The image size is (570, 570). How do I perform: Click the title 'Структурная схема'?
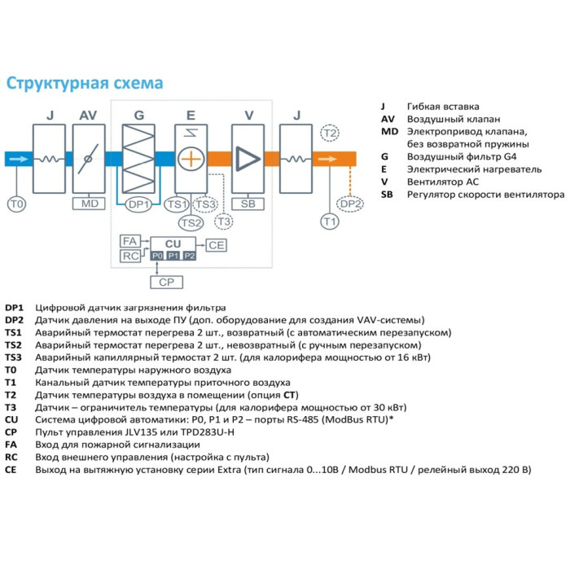[x=85, y=84]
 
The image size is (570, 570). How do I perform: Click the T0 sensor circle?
[x=16, y=202]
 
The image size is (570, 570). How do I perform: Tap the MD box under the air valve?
[x=89, y=204]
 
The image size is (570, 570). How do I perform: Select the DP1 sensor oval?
[x=139, y=204]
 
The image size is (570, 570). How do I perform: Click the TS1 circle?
[x=177, y=204]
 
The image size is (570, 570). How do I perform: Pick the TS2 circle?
[x=191, y=222]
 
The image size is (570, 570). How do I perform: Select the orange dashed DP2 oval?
[x=350, y=204]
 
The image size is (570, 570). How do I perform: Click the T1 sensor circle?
[x=329, y=221]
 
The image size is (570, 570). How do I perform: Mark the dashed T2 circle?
[x=330, y=133]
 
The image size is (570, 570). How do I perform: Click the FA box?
[x=129, y=242]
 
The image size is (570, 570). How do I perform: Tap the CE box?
[x=216, y=244]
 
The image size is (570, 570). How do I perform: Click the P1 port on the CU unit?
[x=173, y=256]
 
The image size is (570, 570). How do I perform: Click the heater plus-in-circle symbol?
[x=190, y=159]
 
